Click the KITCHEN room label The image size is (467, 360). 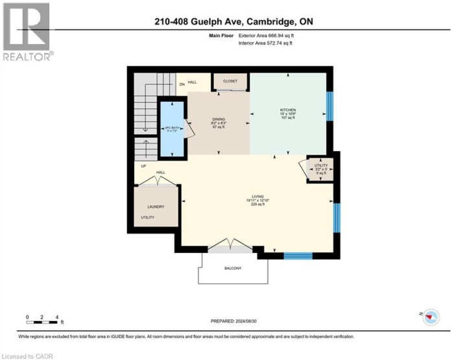tap(287, 110)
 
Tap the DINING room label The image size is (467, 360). tap(218, 119)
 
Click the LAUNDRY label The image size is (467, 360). tap(155, 206)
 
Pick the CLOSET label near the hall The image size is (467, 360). tap(230, 81)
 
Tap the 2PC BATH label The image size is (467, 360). tap(171, 128)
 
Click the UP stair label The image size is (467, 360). tap(143, 166)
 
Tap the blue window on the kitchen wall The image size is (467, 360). tap(329, 106)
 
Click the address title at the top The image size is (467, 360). tap(233, 22)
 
